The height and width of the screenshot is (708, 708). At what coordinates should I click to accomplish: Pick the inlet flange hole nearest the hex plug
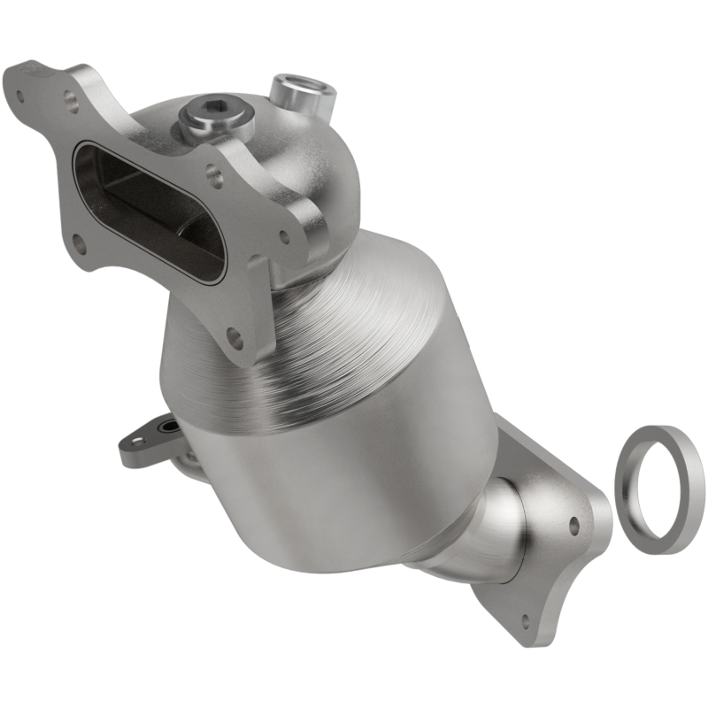tap(215, 175)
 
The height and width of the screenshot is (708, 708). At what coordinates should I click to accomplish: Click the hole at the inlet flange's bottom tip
tap(235, 337)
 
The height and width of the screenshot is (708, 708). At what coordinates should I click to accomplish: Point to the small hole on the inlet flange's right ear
tap(284, 236)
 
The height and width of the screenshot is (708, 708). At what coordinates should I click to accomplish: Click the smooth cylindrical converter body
tap(354, 469)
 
